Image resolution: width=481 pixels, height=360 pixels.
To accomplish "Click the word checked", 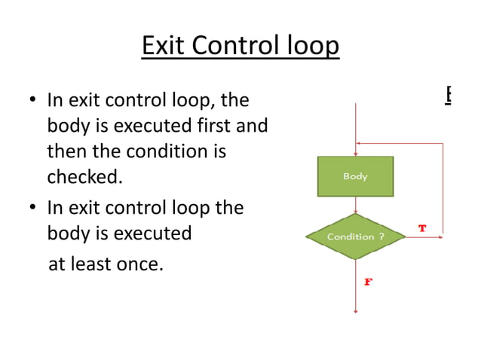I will pos(84,177).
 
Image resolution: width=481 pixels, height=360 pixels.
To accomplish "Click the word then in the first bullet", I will pos(67,151).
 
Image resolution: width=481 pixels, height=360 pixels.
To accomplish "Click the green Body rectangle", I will pos(355,176).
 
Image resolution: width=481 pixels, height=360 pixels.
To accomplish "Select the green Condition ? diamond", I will pos(355,236).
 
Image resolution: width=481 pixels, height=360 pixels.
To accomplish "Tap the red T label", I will pos(422,227).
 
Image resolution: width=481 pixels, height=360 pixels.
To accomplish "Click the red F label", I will pos(369,282).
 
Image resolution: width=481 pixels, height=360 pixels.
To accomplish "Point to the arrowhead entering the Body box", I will pos(355,153).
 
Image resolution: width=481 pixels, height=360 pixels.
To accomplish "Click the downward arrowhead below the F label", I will pos(355,310).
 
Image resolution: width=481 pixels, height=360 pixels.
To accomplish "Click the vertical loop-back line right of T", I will pos(443,188).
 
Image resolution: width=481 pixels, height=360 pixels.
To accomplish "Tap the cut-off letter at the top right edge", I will pos(448,94).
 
